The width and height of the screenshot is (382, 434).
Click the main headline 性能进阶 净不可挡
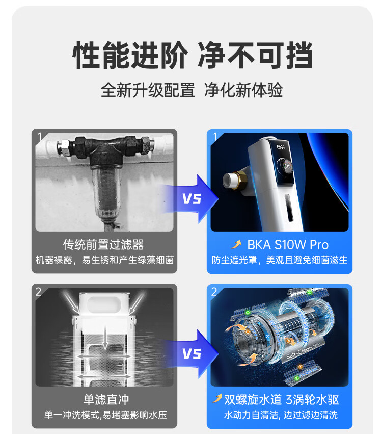[x=193, y=56]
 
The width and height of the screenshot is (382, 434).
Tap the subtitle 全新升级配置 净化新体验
[x=192, y=90]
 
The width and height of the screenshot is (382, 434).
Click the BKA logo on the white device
[x=281, y=147]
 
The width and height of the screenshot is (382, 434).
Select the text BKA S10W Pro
[x=288, y=245]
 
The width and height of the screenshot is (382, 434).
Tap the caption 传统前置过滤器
[x=103, y=245]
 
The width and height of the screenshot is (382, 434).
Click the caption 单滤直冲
[x=106, y=400]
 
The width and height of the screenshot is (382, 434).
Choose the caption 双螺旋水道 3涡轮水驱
[x=281, y=400]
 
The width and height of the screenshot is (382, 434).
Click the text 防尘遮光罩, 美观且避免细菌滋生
[x=280, y=260]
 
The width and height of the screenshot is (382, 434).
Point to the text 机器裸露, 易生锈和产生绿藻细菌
[x=104, y=260]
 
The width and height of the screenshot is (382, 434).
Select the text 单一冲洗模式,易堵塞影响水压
[x=105, y=415]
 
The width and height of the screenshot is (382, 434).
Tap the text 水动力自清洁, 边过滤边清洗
[x=281, y=415]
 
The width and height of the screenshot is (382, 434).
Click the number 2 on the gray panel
[x=38, y=291]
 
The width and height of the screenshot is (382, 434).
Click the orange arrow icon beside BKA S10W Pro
[x=236, y=244]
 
